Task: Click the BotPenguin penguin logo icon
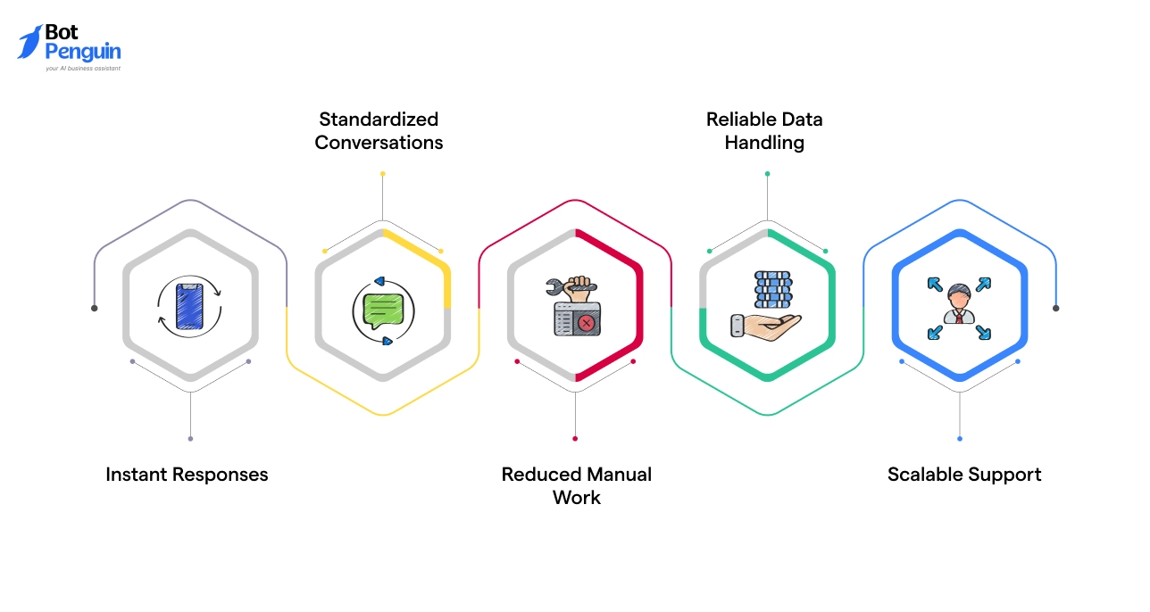[x=29, y=42]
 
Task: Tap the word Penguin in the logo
[x=82, y=52]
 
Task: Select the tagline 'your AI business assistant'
[x=82, y=68]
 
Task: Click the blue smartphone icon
[x=189, y=307]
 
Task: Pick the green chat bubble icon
[x=381, y=309]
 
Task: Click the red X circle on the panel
[x=586, y=323]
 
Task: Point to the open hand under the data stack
[x=759, y=325]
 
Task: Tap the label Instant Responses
[x=187, y=475]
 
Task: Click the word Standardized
[x=379, y=120]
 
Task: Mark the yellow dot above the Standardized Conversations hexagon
[x=382, y=174]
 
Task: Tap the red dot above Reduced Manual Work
[x=575, y=438]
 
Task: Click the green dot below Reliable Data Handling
[x=767, y=174]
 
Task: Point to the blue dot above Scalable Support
[x=960, y=438]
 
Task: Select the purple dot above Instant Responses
[x=190, y=438]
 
